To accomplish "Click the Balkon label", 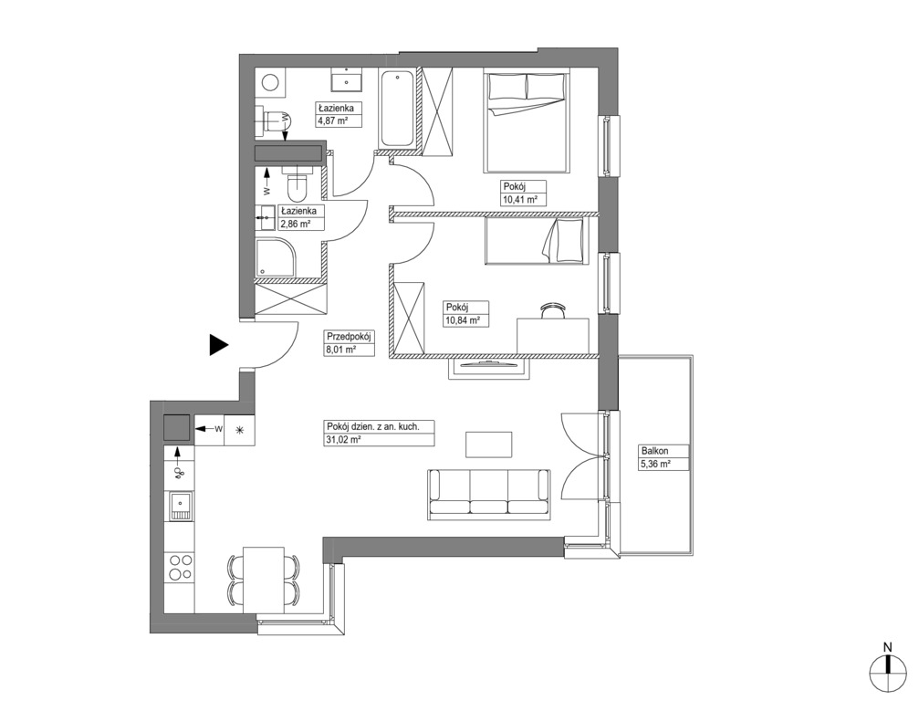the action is [654, 451].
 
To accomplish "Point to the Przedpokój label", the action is [350, 337].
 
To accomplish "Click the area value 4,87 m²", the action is [333, 121].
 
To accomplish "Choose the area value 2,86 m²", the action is [296, 224].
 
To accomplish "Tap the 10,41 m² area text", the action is [520, 199].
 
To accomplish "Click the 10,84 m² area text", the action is [463, 320].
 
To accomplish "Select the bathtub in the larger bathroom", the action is [396, 109].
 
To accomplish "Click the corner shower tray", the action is [277, 256].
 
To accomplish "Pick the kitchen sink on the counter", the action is [181, 506].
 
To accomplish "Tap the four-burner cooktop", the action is [180, 566].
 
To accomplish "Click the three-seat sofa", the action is [489, 494].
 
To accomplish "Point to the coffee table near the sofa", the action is [489, 445].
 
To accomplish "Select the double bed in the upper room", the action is [527, 121].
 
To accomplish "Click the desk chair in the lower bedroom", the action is [553, 309].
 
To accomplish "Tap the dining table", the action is [264, 579].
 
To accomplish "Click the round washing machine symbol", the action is [271, 83].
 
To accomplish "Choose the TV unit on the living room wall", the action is [489, 367].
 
